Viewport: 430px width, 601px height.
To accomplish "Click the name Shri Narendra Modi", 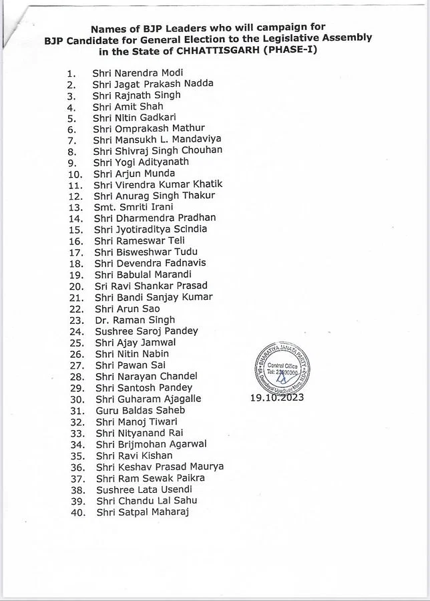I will coord(138,72).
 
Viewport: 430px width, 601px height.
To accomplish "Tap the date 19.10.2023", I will coord(277,397).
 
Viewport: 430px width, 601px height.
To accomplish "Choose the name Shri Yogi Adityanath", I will coord(141,162).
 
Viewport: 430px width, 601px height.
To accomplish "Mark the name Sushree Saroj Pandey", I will coord(146,331).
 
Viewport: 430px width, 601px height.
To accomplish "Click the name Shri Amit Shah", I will coord(128,106).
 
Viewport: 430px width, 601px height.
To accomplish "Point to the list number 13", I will coord(76,207).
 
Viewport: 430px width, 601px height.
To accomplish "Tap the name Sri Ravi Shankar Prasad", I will coord(151,286).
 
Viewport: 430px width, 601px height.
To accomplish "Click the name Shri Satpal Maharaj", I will coord(142,512).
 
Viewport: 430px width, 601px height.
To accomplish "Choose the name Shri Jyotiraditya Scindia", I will coord(150,229).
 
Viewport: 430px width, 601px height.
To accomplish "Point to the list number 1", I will coord(72,73).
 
